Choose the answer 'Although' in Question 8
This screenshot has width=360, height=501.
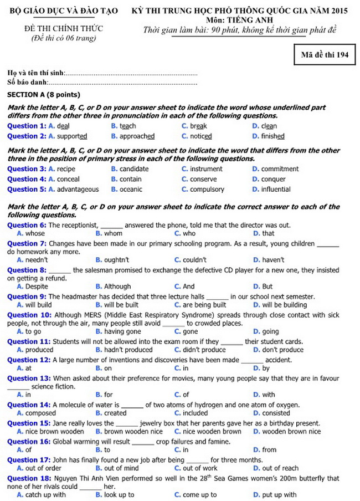(x=117, y=287)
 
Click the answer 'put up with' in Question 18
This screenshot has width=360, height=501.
(x=279, y=495)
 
